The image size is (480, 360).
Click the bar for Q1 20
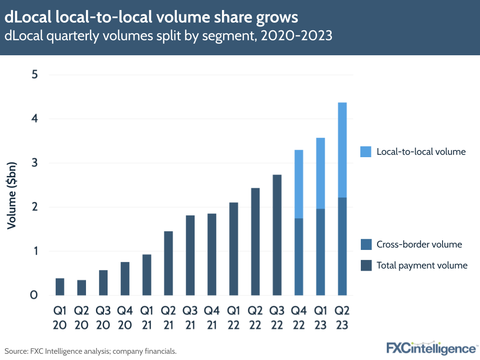pyautogui.click(x=60, y=286)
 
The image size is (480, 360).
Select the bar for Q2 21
pyautogui.click(x=168, y=263)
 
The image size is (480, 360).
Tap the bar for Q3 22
pyautogui.click(x=277, y=235)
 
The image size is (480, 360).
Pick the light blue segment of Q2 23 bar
pyautogui.click(x=342, y=150)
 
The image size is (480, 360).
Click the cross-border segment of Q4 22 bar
pyautogui.click(x=298, y=257)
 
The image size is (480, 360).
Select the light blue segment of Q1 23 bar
pyautogui.click(x=320, y=173)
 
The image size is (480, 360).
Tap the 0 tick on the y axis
pyautogui.click(x=34, y=295)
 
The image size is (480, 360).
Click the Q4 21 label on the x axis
pyautogui.click(x=211, y=318)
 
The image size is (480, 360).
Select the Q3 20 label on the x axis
pyautogui.click(x=103, y=318)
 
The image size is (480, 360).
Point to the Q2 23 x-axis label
pyautogui.click(x=342, y=318)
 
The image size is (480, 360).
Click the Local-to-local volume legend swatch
pyautogui.click(x=366, y=152)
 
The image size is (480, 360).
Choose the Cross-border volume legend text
pyautogui.click(x=419, y=245)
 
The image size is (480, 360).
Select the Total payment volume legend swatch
pyautogui.click(x=366, y=265)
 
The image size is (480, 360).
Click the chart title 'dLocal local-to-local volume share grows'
pyautogui.click(x=151, y=17)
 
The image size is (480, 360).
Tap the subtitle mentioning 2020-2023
pyautogui.click(x=169, y=36)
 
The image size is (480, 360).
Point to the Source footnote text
pyautogui.click(x=91, y=351)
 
